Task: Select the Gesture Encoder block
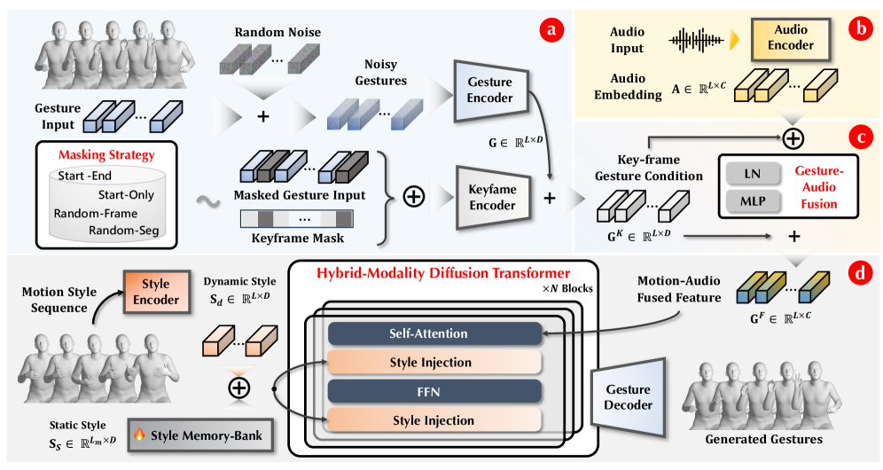coord(489,90)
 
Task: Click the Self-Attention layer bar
coord(434,333)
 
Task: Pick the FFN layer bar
coord(434,391)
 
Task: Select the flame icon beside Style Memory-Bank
coord(139,435)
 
